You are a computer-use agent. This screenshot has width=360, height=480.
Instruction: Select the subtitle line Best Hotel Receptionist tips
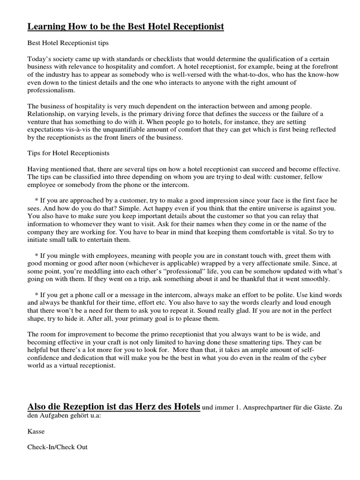pos(68,44)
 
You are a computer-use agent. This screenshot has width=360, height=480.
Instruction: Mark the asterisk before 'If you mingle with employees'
pos(36,256)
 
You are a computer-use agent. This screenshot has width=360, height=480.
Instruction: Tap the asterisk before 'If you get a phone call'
pos(36,295)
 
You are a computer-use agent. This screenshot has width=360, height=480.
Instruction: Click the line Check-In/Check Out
pos(58,447)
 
